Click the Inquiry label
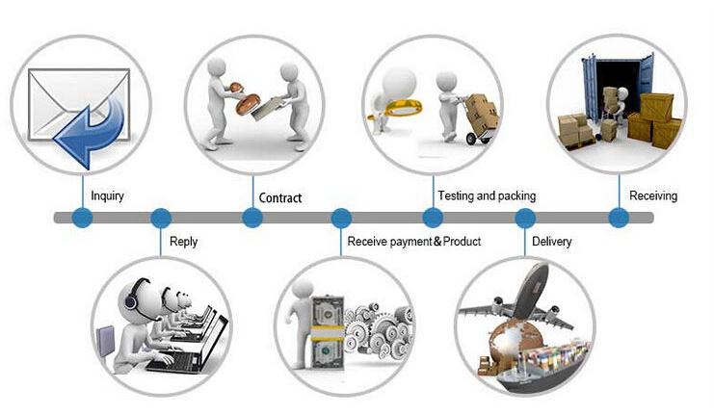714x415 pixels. (x=108, y=195)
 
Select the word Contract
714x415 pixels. (x=280, y=198)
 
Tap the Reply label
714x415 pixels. (x=183, y=241)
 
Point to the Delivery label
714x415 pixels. (x=551, y=241)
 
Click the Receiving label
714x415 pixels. (x=653, y=195)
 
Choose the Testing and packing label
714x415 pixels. (x=487, y=195)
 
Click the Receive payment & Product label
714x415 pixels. (x=414, y=241)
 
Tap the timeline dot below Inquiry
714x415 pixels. (x=83, y=218)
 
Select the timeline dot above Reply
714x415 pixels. (x=161, y=218)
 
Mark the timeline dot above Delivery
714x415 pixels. (x=525, y=218)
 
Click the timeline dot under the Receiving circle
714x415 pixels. (x=619, y=218)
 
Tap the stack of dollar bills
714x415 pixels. (x=327, y=332)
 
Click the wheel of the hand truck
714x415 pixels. (x=472, y=139)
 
